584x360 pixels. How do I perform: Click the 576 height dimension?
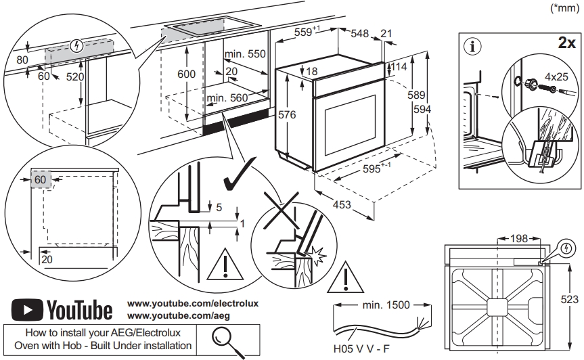coord(287,115)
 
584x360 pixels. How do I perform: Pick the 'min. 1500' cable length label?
coord(386,305)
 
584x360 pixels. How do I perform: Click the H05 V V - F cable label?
coord(360,351)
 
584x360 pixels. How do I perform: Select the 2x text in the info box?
coord(566,42)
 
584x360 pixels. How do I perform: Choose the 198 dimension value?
coord(520,238)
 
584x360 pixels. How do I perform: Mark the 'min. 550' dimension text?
coord(245,54)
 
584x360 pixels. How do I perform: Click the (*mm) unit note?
coord(566,9)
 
